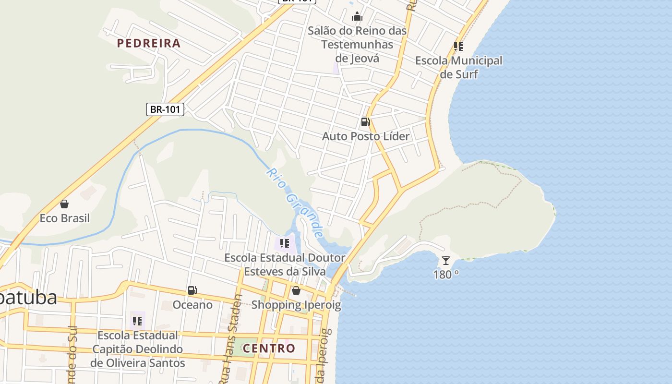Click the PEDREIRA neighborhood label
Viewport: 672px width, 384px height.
(149, 43)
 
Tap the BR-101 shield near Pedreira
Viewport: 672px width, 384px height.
(165, 109)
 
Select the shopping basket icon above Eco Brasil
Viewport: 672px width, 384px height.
(64, 204)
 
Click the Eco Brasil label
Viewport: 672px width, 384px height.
(64, 218)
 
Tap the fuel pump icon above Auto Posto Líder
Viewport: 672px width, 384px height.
(365, 122)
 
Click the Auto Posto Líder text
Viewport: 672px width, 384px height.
(366, 136)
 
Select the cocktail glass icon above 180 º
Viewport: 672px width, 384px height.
(446, 261)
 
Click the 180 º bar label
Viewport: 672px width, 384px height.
(446, 275)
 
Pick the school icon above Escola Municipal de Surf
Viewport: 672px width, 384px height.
(458, 47)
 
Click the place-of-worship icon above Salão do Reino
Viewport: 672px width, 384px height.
(357, 17)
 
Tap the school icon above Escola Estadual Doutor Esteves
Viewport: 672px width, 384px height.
(285, 243)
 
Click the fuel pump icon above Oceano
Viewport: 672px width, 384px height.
(192, 290)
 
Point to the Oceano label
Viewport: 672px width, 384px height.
(192, 305)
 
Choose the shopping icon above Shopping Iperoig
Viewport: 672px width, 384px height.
(296, 290)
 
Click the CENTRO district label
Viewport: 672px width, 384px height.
(269, 348)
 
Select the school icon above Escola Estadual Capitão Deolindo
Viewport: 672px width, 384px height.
(137, 321)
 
